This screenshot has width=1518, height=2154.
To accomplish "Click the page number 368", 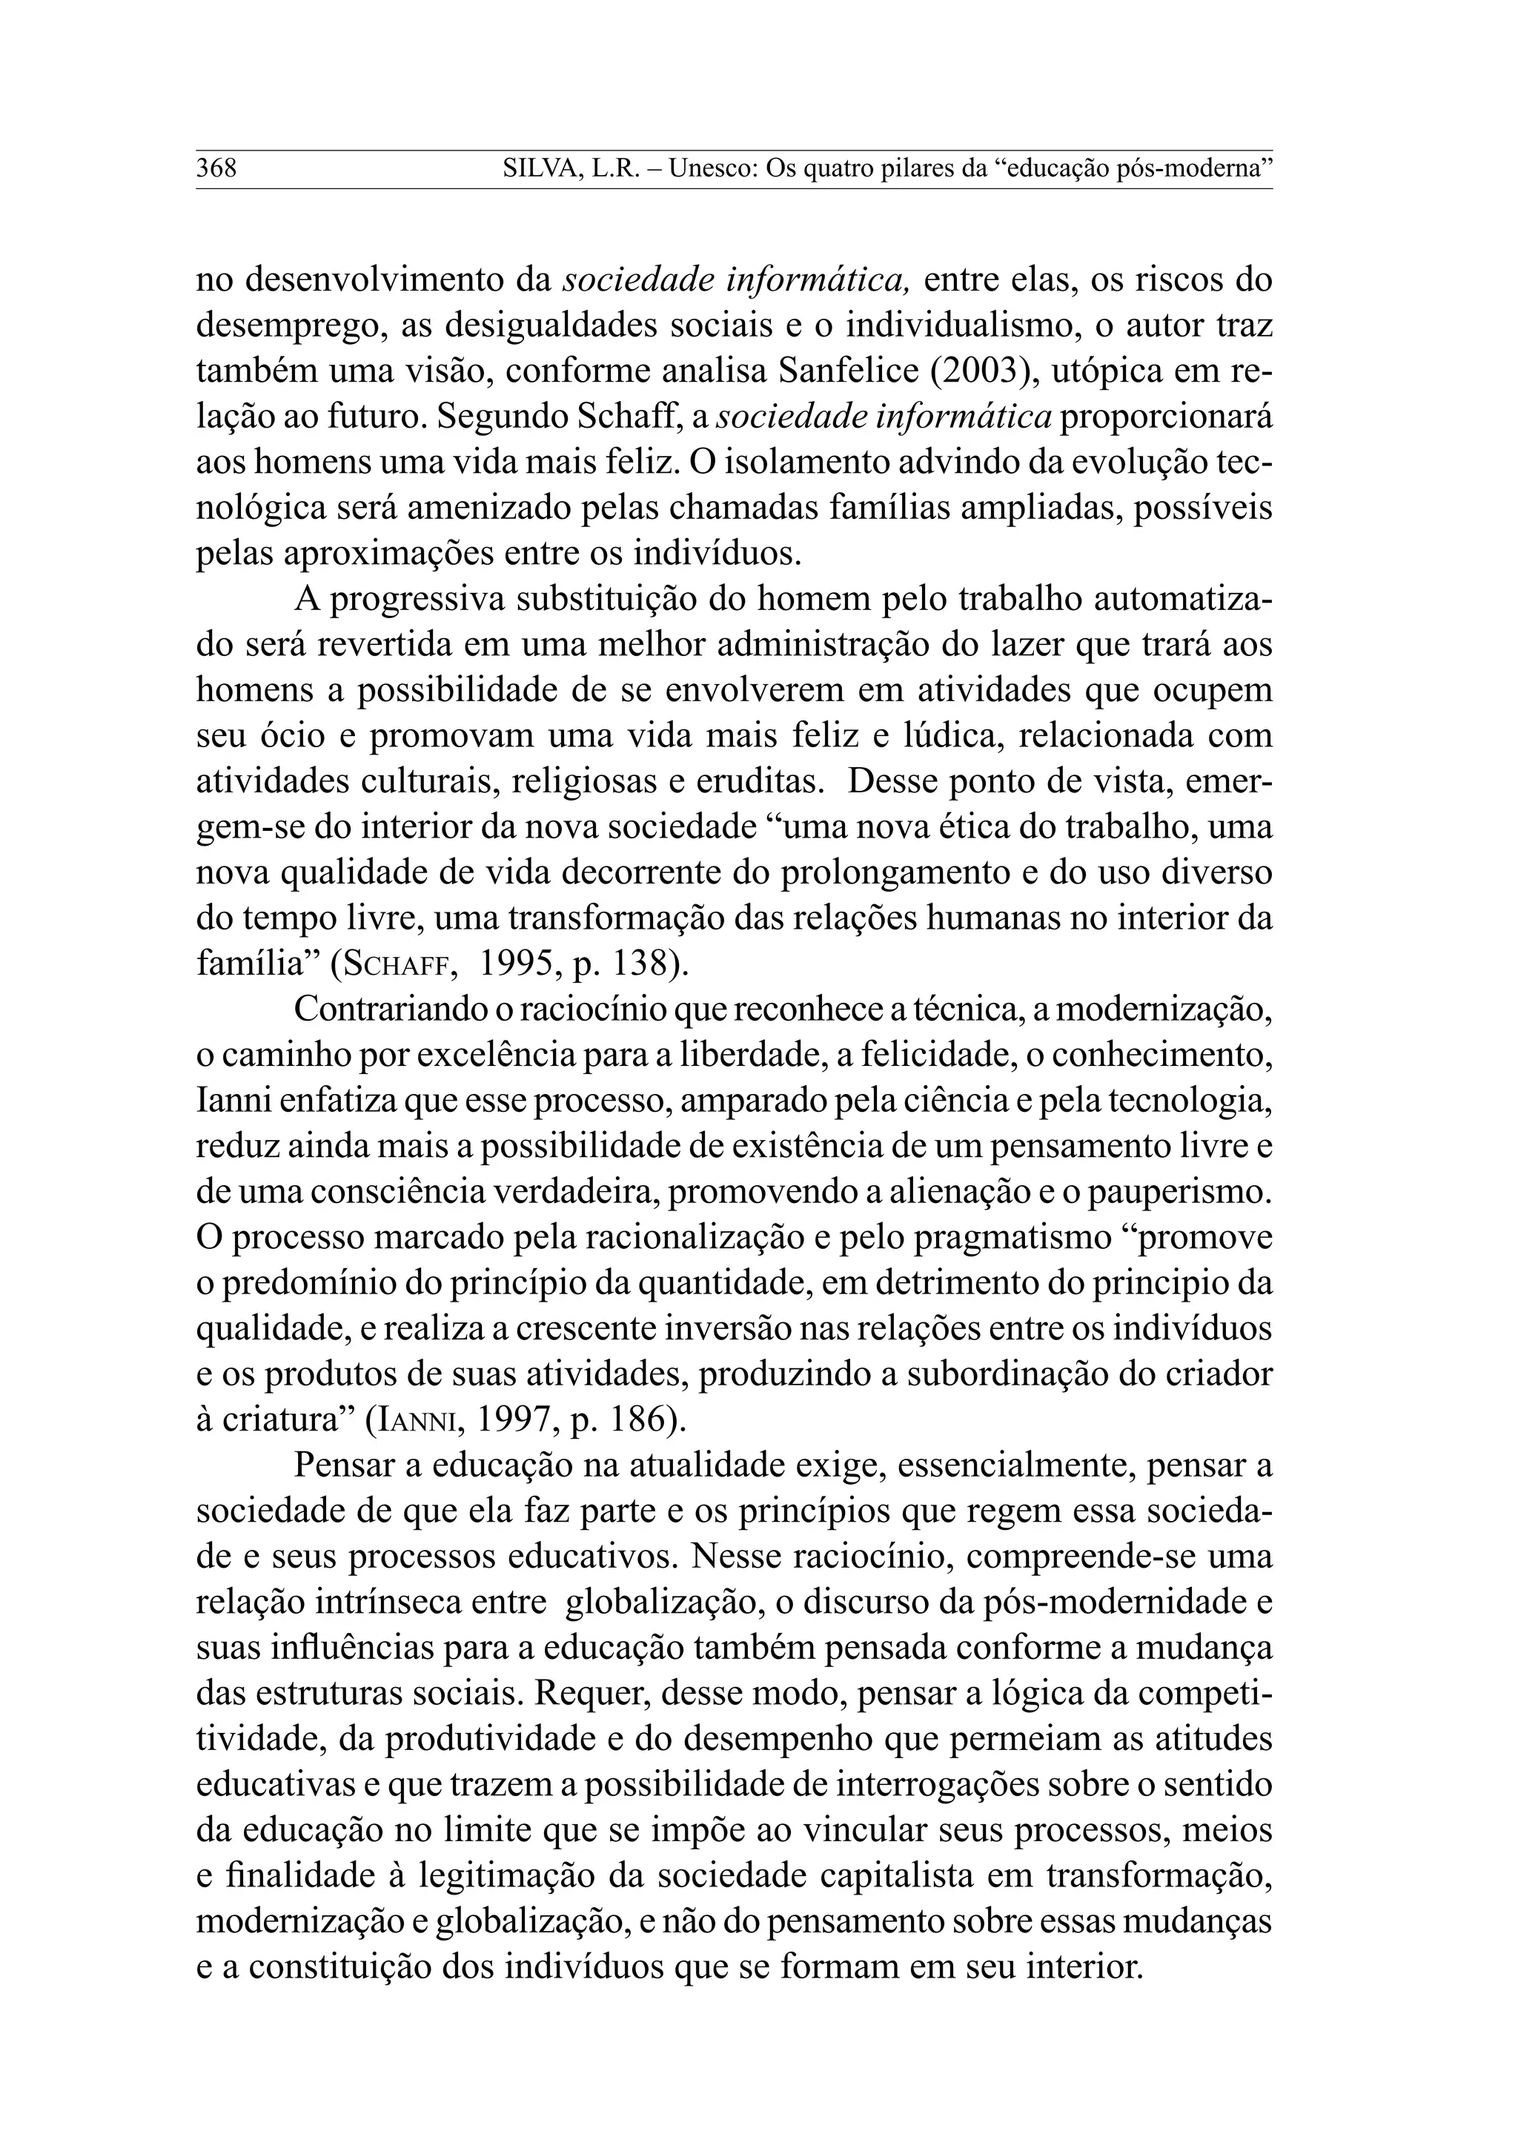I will (216, 170).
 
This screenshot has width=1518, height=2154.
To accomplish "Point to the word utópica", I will (1116, 371).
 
